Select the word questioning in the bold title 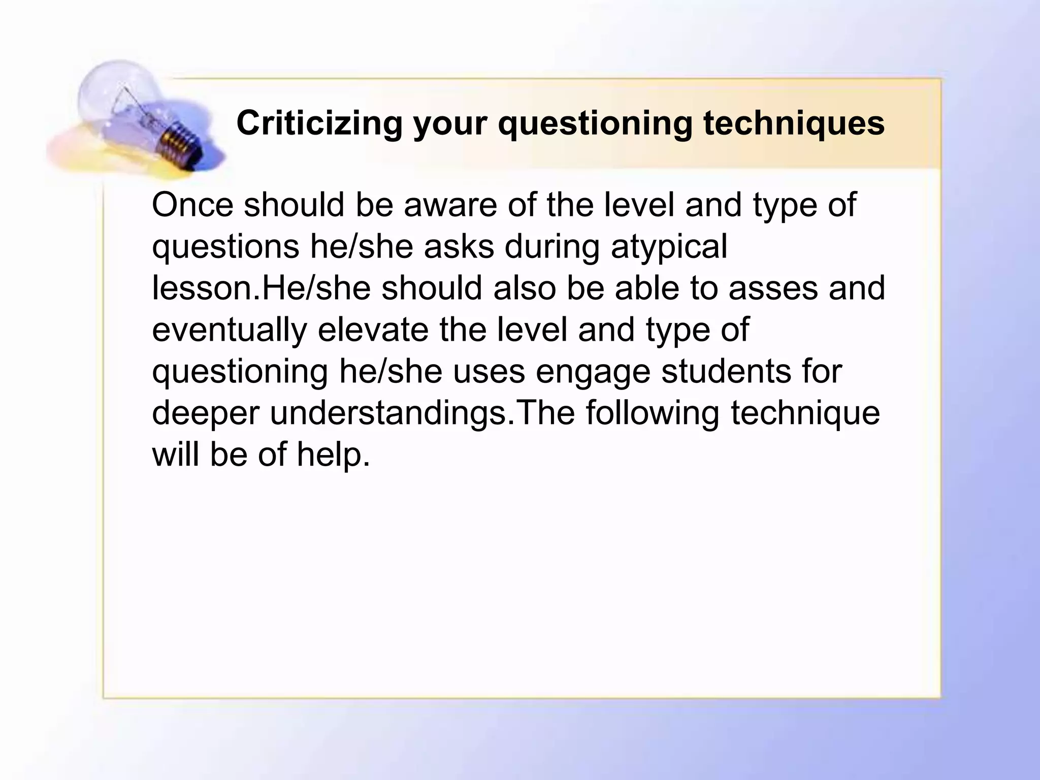[x=595, y=124]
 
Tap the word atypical [x=669, y=247]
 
